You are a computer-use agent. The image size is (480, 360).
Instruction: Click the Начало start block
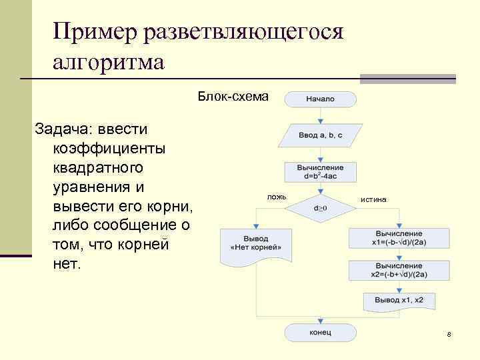321,99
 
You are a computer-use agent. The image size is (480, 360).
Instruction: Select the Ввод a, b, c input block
321,135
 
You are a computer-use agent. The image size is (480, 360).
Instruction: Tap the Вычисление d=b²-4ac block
321,172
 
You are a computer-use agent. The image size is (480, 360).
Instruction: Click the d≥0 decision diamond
321,208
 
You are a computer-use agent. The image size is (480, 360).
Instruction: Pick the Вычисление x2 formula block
399,270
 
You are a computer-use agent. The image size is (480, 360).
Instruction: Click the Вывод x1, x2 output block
399,301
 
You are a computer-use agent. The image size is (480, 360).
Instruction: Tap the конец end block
321,332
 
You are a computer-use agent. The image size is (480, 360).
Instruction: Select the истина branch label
373,200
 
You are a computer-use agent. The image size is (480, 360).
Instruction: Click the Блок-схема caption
233,97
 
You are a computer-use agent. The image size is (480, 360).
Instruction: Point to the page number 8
449,334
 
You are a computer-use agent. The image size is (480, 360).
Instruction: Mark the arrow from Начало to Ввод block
321,115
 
